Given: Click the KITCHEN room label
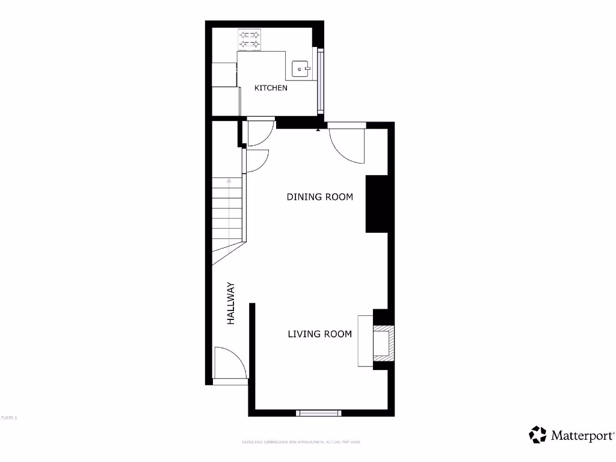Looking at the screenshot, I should pos(271,88).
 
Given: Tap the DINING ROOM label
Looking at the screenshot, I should pos(319,197).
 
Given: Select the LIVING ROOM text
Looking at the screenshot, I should pos(319,334).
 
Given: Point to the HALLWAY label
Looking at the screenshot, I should pos(230,304).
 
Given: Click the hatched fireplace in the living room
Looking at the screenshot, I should pos(384,343).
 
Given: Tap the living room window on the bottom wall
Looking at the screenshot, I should pos(319,413).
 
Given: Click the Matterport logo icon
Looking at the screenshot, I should pos(538,434).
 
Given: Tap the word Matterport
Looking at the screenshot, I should pos(582,436).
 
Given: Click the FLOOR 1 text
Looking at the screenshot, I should pos(9,417).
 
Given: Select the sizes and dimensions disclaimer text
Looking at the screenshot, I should pos(301,442).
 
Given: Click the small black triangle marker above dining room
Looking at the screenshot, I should pos(318,129).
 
